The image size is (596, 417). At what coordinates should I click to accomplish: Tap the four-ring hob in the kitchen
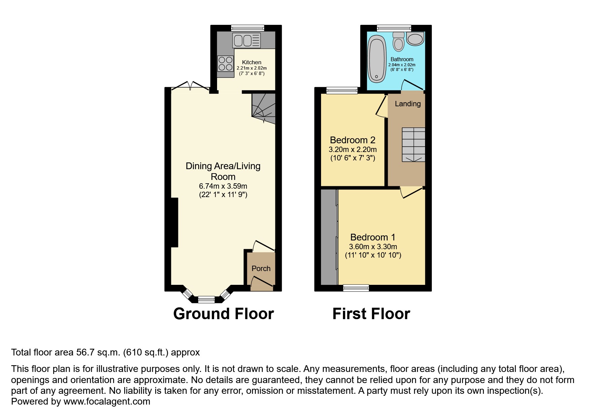pos(225,64)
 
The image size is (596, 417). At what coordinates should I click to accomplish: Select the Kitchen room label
pos(252,62)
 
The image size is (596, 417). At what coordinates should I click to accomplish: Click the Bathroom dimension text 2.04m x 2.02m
pos(402,65)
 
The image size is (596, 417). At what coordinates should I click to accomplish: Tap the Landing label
pos(408,104)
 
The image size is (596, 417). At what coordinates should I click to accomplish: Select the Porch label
pos(261,268)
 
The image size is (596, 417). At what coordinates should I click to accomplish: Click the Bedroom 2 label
pos(352,140)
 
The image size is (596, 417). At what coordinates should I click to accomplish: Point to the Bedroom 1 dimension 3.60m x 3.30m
pos(373,247)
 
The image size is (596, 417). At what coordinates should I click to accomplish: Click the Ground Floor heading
pos(223,314)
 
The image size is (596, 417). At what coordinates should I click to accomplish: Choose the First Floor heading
pos(371,314)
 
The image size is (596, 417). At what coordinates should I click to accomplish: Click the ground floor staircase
pos(264,106)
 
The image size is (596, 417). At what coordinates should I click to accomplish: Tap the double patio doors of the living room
pos(190,86)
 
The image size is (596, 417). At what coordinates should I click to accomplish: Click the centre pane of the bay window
pos(206,299)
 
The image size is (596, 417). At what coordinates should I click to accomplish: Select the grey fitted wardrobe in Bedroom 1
pos(329,237)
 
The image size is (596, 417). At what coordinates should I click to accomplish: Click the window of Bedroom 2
pos(342,90)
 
